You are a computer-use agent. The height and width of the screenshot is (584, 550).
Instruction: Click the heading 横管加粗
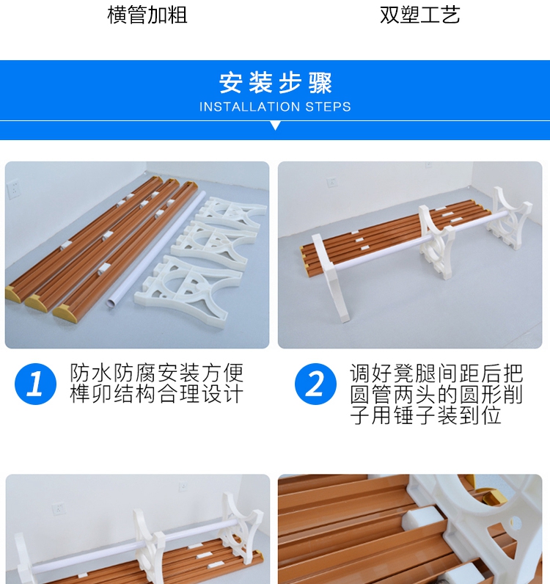click(x=147, y=15)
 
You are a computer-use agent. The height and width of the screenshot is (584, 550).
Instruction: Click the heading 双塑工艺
click(x=420, y=15)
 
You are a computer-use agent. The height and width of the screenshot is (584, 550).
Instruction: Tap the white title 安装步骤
click(x=275, y=83)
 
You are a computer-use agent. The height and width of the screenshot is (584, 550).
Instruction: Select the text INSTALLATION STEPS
click(x=275, y=107)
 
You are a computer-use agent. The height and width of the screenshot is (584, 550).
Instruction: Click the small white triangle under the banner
click(x=275, y=125)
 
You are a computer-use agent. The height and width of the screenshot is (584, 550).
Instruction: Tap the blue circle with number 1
click(x=35, y=384)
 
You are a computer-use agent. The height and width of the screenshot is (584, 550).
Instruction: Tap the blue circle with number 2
click(x=315, y=384)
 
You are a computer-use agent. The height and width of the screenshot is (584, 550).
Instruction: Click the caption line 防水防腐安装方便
click(x=157, y=373)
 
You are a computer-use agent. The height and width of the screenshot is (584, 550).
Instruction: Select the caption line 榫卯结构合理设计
click(x=157, y=394)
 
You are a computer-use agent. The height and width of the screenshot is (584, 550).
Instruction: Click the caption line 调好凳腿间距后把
click(x=436, y=373)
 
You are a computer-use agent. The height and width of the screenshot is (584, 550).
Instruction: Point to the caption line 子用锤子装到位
click(x=425, y=415)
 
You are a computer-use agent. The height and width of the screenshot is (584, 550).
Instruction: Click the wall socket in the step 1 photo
click(x=14, y=189)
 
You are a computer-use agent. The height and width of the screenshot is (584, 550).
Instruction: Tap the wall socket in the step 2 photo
click(x=331, y=182)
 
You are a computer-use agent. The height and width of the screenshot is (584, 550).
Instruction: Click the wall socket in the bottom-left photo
click(x=59, y=508)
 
